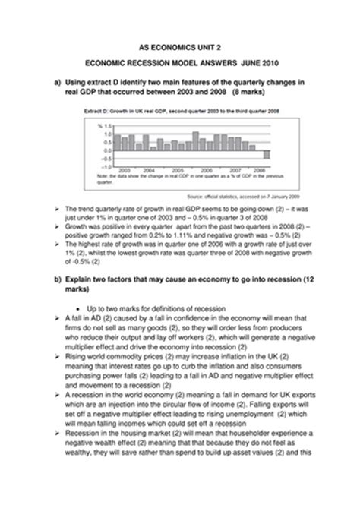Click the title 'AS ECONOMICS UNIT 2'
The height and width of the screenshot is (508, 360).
coord(181,45)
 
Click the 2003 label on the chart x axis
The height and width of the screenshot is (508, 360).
coord(125,170)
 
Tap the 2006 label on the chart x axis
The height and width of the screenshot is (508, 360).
coord(205,170)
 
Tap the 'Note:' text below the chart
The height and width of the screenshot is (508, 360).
coord(103,175)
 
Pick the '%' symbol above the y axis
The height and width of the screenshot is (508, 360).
coord(99,126)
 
